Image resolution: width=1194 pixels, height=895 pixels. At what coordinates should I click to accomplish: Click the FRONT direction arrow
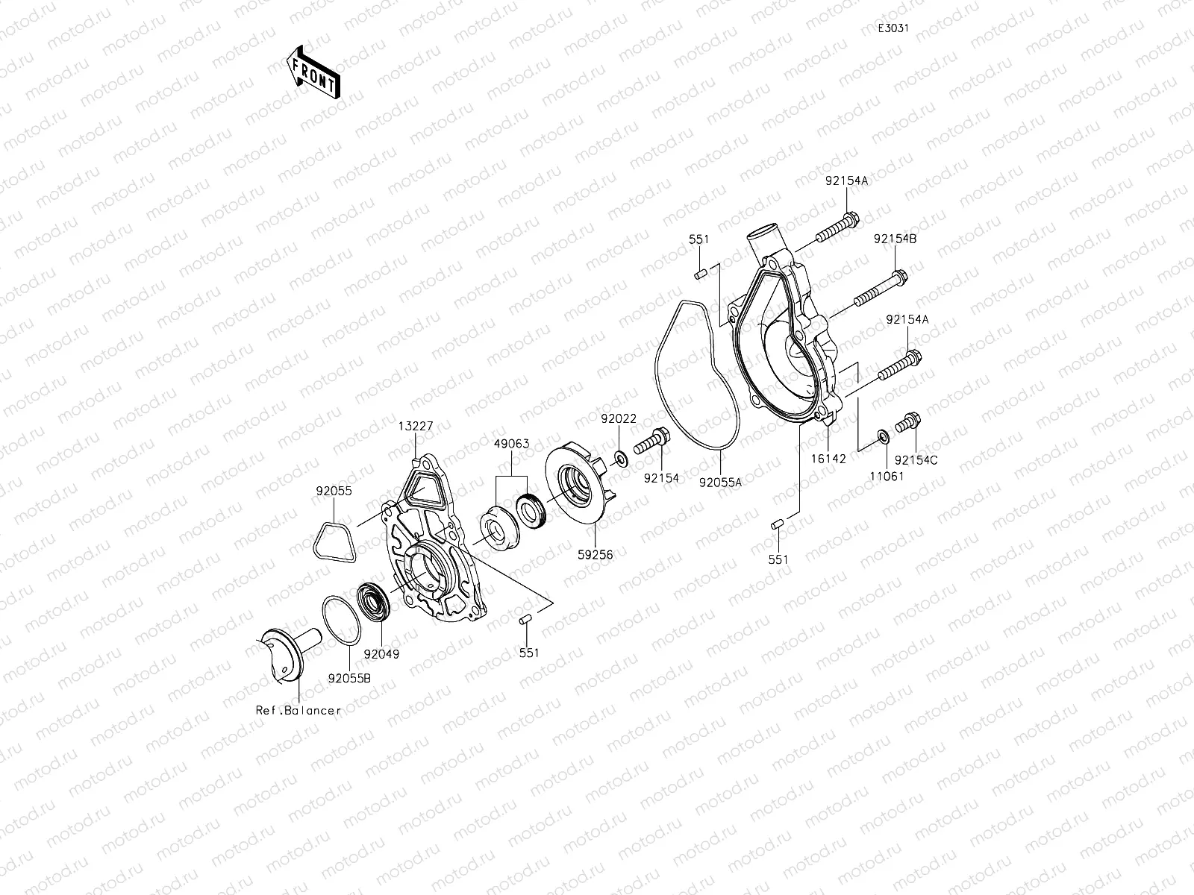point(313,72)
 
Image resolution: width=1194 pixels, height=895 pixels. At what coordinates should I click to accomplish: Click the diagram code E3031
point(893,28)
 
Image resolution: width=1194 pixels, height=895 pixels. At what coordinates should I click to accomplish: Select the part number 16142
point(828,459)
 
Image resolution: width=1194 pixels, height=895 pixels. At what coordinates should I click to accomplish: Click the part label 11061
point(885,476)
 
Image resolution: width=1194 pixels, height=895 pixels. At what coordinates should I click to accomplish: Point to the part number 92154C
point(916,460)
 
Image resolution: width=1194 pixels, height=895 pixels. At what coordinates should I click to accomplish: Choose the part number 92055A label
point(720,482)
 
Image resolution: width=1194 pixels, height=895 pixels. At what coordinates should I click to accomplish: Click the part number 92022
point(619,418)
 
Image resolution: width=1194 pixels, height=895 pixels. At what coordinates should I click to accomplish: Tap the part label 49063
point(511,444)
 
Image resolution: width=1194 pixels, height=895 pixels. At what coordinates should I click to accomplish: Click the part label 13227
point(414,426)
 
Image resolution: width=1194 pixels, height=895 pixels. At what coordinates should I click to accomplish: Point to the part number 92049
point(381,654)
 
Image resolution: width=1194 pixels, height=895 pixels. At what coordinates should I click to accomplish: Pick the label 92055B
point(349,679)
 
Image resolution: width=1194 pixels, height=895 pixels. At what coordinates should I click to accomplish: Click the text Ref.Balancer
point(297,711)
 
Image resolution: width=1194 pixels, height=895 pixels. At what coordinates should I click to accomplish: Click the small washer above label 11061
point(882,436)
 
